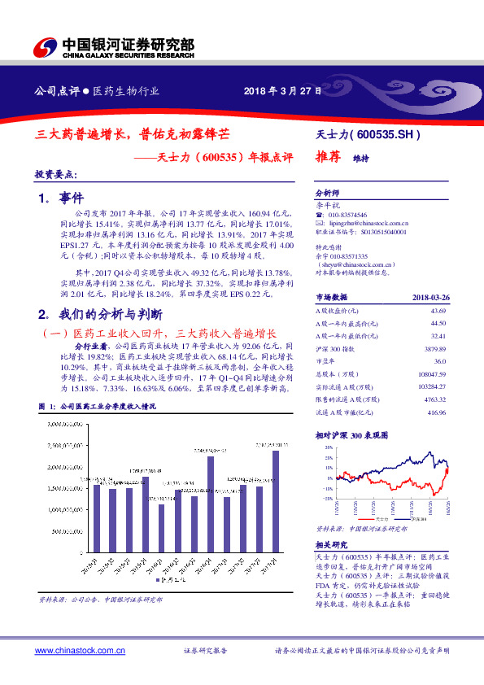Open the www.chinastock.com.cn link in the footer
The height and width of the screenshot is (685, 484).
coord(81,651)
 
